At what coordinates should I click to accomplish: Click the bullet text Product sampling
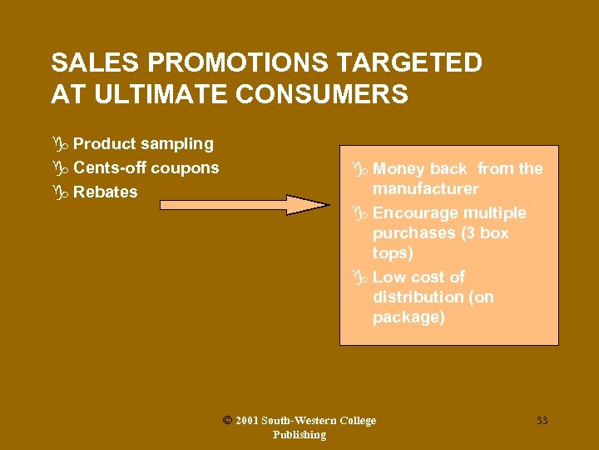point(143,144)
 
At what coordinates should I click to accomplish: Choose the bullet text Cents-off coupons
point(146,167)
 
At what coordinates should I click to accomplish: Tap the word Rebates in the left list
point(106,192)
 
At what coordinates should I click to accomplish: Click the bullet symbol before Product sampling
point(59,144)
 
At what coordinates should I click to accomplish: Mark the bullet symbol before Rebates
point(59,192)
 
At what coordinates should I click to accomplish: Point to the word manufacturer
point(425,189)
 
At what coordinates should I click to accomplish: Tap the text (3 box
point(483,233)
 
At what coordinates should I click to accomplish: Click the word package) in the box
point(408,317)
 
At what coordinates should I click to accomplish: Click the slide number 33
point(542,421)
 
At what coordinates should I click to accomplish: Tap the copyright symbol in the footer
point(227,421)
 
